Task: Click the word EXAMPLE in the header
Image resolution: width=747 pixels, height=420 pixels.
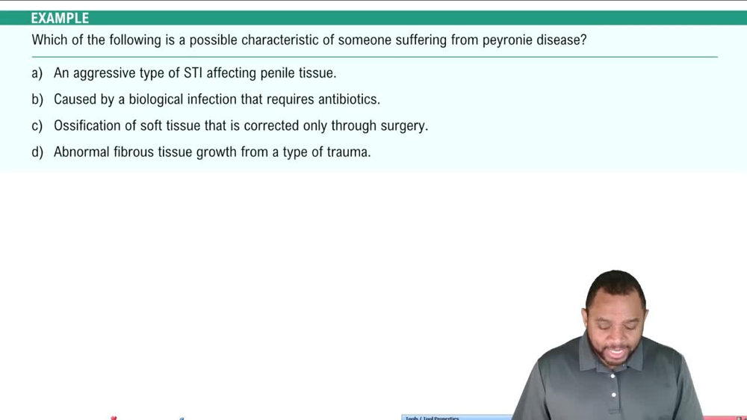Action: click(x=60, y=18)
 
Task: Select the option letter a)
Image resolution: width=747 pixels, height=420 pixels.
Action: click(x=37, y=73)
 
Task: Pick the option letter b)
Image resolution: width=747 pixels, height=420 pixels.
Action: click(x=37, y=99)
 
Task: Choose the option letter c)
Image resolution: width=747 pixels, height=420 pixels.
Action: click(x=37, y=126)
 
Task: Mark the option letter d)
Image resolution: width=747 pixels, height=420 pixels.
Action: click(x=37, y=152)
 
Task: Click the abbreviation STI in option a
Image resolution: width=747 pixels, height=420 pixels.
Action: click(x=193, y=73)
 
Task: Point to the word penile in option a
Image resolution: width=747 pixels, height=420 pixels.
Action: click(x=279, y=73)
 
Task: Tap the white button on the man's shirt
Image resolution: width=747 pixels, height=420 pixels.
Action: click(x=613, y=395)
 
